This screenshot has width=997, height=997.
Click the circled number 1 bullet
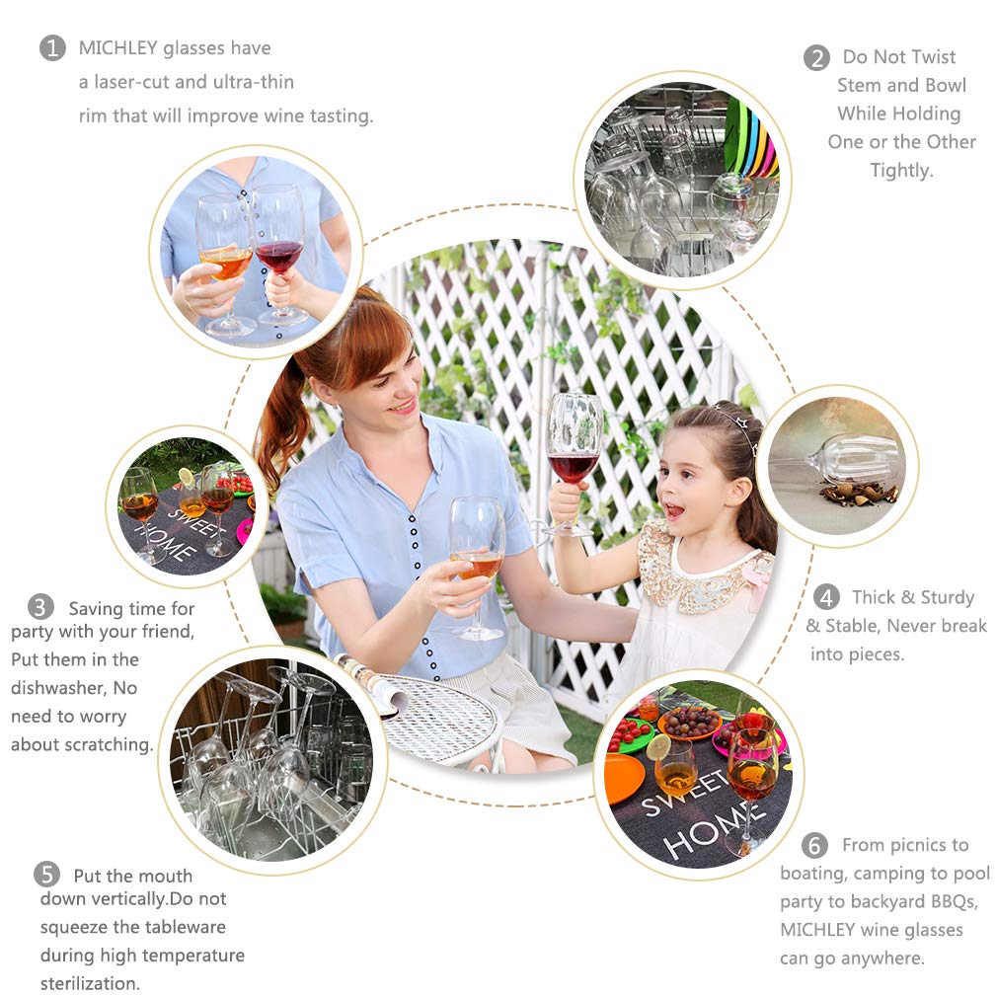[52, 47]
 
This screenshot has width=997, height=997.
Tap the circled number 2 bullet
[816, 58]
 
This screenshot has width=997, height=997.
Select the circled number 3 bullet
[40, 607]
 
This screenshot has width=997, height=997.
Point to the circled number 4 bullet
[826, 597]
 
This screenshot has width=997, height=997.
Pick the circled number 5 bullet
[46, 875]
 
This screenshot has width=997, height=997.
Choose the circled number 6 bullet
[814, 845]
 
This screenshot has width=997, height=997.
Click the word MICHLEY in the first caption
[118, 47]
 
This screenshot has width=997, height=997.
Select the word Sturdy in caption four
[948, 597]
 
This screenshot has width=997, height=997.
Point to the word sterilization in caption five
[89, 983]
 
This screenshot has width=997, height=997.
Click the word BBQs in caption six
[954, 902]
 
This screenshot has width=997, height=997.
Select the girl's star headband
[737, 422]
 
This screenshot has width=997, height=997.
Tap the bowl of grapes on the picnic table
[689, 723]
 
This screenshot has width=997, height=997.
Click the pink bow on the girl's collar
[758, 581]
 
